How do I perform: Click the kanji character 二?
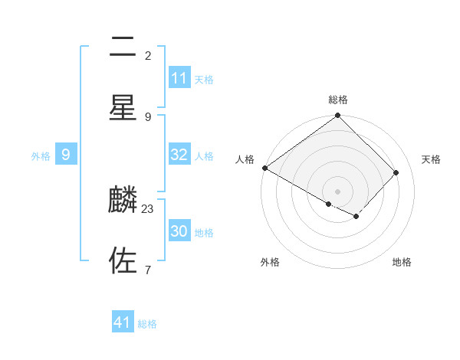pos(123,47)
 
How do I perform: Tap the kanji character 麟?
pos(123,201)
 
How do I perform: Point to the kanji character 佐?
pos(123,260)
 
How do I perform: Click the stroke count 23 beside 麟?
pos(148,208)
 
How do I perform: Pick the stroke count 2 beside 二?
pos(148,55)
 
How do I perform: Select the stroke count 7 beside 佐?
pos(148,270)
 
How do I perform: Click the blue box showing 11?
pos(179,78)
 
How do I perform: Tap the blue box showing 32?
pos(179,155)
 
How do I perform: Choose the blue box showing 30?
pos(179,231)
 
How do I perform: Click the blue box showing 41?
pos(123,322)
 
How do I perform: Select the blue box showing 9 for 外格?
pos(66,155)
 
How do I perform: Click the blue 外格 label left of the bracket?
pos(41,156)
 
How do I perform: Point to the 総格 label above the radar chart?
pos(338,100)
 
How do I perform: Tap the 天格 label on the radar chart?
pos(431,159)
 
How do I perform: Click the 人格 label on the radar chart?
pos(245,159)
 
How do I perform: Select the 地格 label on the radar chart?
pos(402,262)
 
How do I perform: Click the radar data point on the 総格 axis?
pos(338,116)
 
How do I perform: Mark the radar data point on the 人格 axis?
pos(265,168)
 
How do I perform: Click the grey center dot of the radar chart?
pos(338,191)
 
